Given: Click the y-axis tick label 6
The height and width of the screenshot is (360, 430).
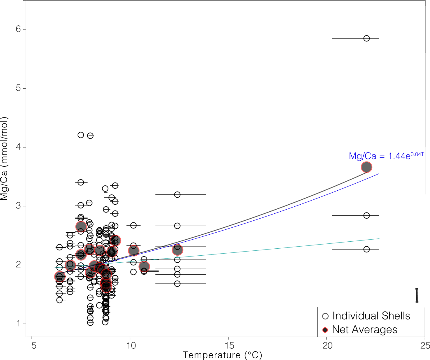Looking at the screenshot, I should (18, 29).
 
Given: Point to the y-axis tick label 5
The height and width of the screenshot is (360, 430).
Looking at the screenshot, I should (18, 88).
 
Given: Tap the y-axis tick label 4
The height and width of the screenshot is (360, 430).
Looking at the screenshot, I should (18, 147).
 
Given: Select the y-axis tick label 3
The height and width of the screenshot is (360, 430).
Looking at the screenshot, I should (18, 206).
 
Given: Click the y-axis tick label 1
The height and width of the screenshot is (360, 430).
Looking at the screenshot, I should (18, 323).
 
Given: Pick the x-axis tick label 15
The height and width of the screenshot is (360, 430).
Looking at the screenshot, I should (229, 346).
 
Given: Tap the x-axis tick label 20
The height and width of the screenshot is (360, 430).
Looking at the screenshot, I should (327, 346).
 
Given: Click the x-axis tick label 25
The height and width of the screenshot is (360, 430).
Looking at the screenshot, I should (425, 346).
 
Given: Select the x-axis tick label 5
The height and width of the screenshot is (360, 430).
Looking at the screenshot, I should (34, 346).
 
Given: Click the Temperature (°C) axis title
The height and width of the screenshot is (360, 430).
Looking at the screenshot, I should (222, 355).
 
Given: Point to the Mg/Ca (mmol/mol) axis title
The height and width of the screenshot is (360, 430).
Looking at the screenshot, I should (4, 159).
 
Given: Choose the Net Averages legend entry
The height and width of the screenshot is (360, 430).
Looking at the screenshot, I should (364, 330).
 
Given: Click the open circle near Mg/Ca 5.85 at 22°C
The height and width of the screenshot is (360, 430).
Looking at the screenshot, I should (366, 38).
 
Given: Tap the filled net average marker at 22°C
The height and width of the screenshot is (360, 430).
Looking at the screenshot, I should (366, 167).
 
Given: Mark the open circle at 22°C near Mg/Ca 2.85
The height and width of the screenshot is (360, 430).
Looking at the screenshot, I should (366, 215).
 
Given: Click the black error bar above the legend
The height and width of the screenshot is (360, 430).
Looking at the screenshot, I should (417, 295).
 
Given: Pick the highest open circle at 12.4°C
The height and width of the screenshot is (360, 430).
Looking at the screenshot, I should (177, 194).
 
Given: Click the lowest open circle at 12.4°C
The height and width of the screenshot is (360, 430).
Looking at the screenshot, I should (177, 284).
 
